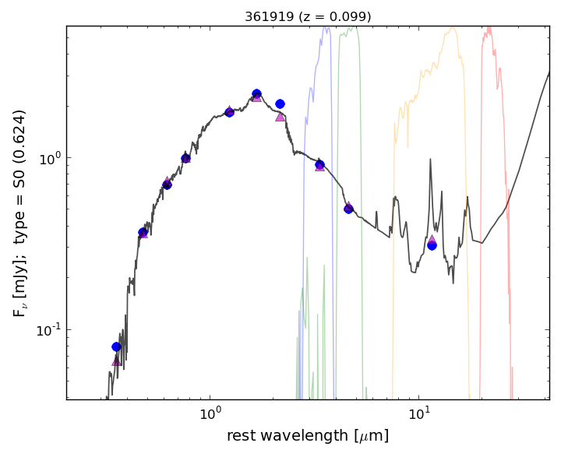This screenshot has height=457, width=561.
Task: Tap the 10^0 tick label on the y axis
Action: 45,158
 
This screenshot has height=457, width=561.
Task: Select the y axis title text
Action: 19,213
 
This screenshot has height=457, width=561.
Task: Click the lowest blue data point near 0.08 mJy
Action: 116,346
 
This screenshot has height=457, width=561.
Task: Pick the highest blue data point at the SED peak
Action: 256,94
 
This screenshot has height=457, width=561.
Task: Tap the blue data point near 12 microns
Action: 432,245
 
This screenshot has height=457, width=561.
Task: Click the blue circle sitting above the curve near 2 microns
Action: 280,104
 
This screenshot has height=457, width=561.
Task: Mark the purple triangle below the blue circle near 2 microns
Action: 280,117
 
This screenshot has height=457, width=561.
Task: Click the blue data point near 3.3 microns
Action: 319,164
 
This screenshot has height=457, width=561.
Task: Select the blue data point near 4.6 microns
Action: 348,209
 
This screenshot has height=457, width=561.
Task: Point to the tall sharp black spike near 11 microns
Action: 430,160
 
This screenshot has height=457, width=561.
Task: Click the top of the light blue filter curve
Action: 326,28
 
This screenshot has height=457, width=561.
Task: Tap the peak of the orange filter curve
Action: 452,28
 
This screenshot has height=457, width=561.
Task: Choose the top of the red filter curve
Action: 489,28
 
